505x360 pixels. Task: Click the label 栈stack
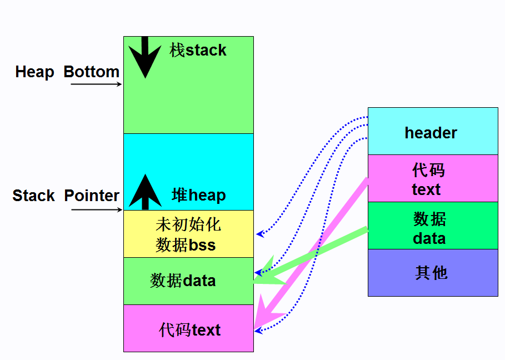pos(198,51)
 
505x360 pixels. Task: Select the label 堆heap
pos(198,196)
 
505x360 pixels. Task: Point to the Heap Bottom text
pos(67,72)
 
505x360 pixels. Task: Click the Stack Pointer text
pos(66,196)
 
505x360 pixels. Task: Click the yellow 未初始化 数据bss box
pos(188,234)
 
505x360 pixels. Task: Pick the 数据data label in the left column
pos(183,281)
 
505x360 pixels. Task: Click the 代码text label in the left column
pos(189,330)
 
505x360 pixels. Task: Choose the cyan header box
pos(433,131)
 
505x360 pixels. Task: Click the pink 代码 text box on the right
pos(433,178)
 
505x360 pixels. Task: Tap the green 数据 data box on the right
pos(433,226)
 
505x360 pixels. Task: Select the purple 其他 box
pos(433,273)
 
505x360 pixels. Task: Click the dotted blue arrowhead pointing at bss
pos(259,234)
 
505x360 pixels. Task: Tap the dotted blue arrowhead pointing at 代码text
pos(258,331)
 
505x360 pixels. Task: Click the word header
pos(431,133)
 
